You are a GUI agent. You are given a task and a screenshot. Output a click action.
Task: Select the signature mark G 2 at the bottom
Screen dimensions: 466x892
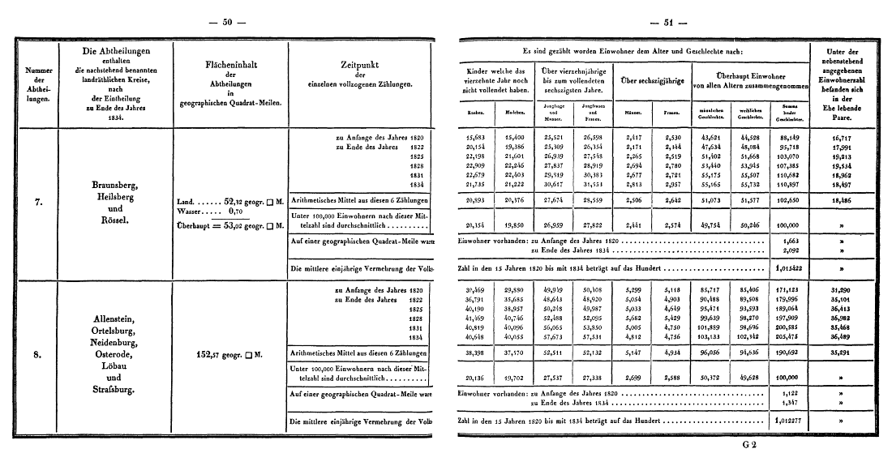[x=748, y=445]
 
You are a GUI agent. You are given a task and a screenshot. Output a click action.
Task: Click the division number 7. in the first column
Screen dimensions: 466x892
[x=35, y=203]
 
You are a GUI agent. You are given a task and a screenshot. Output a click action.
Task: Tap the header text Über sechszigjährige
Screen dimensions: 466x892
[x=649, y=79]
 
